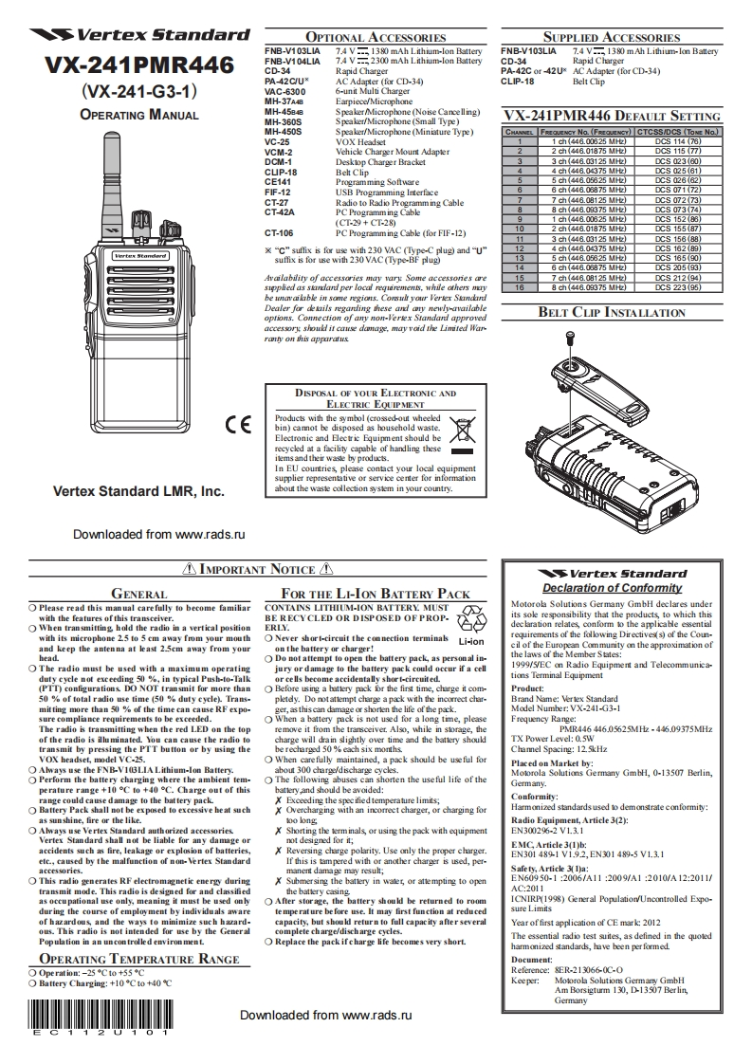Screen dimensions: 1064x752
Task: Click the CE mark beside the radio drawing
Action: pos(238,424)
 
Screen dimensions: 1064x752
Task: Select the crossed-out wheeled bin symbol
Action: pos(462,431)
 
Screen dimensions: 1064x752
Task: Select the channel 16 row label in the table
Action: pos(520,286)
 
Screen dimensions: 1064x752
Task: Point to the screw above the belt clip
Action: pos(570,337)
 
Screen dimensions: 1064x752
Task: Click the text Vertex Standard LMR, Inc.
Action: pos(138,492)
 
